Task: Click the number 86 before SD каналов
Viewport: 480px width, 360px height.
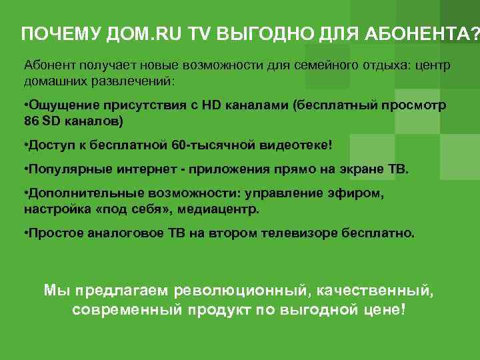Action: tap(31, 123)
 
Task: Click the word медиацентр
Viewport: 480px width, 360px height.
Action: tap(226, 209)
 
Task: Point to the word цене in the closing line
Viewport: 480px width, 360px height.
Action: tap(378, 311)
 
